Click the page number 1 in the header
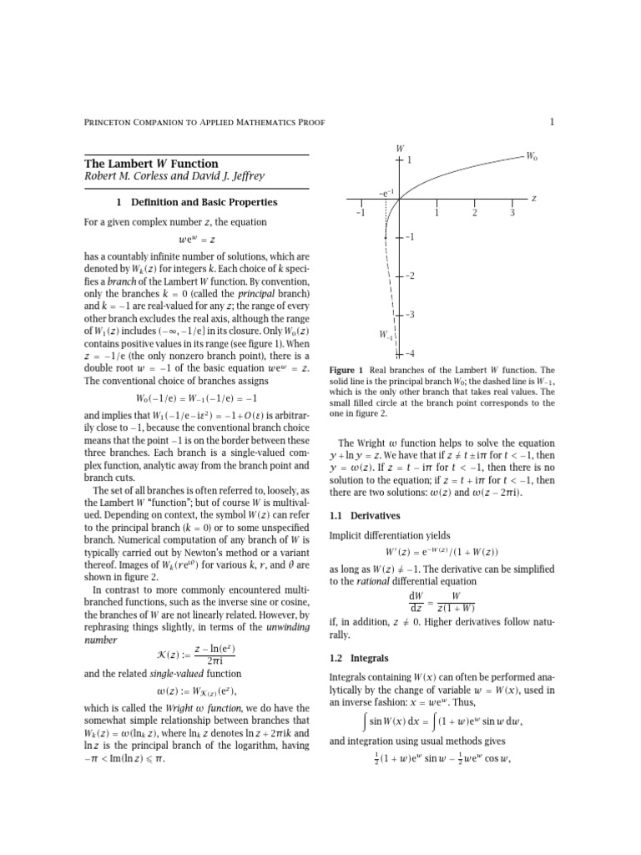552,123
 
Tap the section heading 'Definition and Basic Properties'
197,202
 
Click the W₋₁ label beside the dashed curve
385,335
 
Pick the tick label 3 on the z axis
512,213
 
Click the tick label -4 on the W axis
410,353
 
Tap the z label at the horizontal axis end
533,199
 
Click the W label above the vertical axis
399,148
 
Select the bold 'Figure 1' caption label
346,370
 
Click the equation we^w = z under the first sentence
196,241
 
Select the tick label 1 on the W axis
410,159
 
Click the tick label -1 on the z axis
360,213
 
